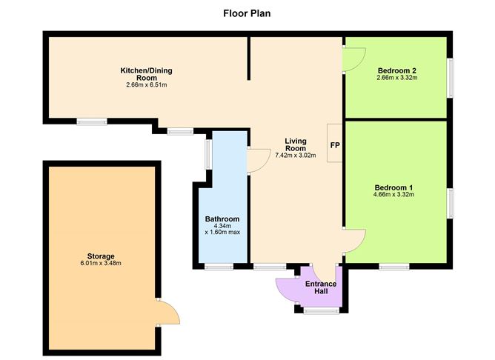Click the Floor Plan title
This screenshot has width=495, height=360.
[247, 13]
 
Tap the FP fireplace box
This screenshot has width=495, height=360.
[334, 145]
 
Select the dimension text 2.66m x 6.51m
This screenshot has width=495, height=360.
[146, 85]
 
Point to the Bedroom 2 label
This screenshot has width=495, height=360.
[395, 70]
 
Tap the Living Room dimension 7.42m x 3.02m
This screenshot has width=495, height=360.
[295, 156]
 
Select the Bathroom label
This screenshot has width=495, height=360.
[222, 219]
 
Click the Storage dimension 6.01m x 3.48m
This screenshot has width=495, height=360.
[101, 264]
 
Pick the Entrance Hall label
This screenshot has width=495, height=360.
[321, 287]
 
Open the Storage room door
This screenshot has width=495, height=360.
[167, 313]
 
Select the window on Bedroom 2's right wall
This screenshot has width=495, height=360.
[449, 77]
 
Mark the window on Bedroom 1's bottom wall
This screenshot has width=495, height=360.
[393, 266]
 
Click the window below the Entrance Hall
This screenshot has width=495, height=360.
[320, 311]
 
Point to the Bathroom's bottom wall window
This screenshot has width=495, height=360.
[220, 266]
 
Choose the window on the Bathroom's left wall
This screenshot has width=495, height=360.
[209, 155]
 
